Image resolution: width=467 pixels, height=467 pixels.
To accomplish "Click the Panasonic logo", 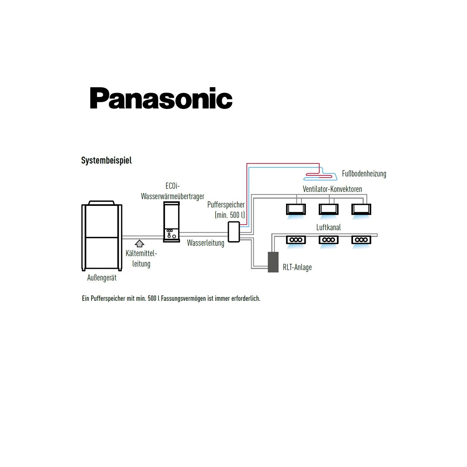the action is point(161,98).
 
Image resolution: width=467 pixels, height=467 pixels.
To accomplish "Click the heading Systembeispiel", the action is point(106,160).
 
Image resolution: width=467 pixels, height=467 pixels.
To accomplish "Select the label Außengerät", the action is point(102,278).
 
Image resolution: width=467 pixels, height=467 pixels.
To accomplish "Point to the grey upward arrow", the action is point(139,243).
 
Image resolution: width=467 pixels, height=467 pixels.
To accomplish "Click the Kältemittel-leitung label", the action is point(141,258).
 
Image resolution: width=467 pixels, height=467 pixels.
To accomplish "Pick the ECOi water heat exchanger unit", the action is point(171,222).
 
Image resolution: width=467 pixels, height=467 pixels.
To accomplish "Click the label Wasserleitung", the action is point(205,243).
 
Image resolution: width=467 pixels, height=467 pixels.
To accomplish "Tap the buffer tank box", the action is point(234,232).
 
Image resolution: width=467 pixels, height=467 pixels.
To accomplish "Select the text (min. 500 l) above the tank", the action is point(230,215).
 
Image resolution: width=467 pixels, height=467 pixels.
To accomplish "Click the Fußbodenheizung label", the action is point(364,174).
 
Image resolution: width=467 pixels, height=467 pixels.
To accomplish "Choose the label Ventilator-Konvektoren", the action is point(332,189).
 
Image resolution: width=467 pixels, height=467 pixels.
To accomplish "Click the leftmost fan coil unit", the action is point(296,209).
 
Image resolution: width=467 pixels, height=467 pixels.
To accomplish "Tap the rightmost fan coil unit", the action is point(361,209).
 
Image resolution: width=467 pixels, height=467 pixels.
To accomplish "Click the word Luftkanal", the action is point(328,227).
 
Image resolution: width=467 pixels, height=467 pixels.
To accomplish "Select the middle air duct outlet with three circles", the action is point(328,240).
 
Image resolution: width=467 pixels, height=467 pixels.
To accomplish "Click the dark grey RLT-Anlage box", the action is point(273,262).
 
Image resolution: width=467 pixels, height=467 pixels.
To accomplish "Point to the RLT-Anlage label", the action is point(297,267).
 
